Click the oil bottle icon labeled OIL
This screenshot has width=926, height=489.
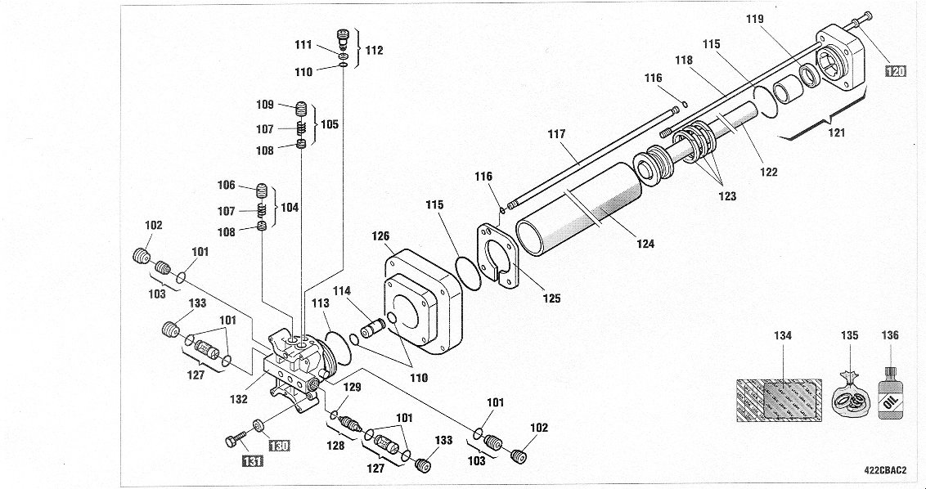click(x=889, y=397)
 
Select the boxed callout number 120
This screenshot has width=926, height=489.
click(x=896, y=71)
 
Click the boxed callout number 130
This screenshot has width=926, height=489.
click(x=280, y=446)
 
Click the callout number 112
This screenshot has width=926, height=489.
click(x=374, y=51)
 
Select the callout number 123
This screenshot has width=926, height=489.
click(x=727, y=195)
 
